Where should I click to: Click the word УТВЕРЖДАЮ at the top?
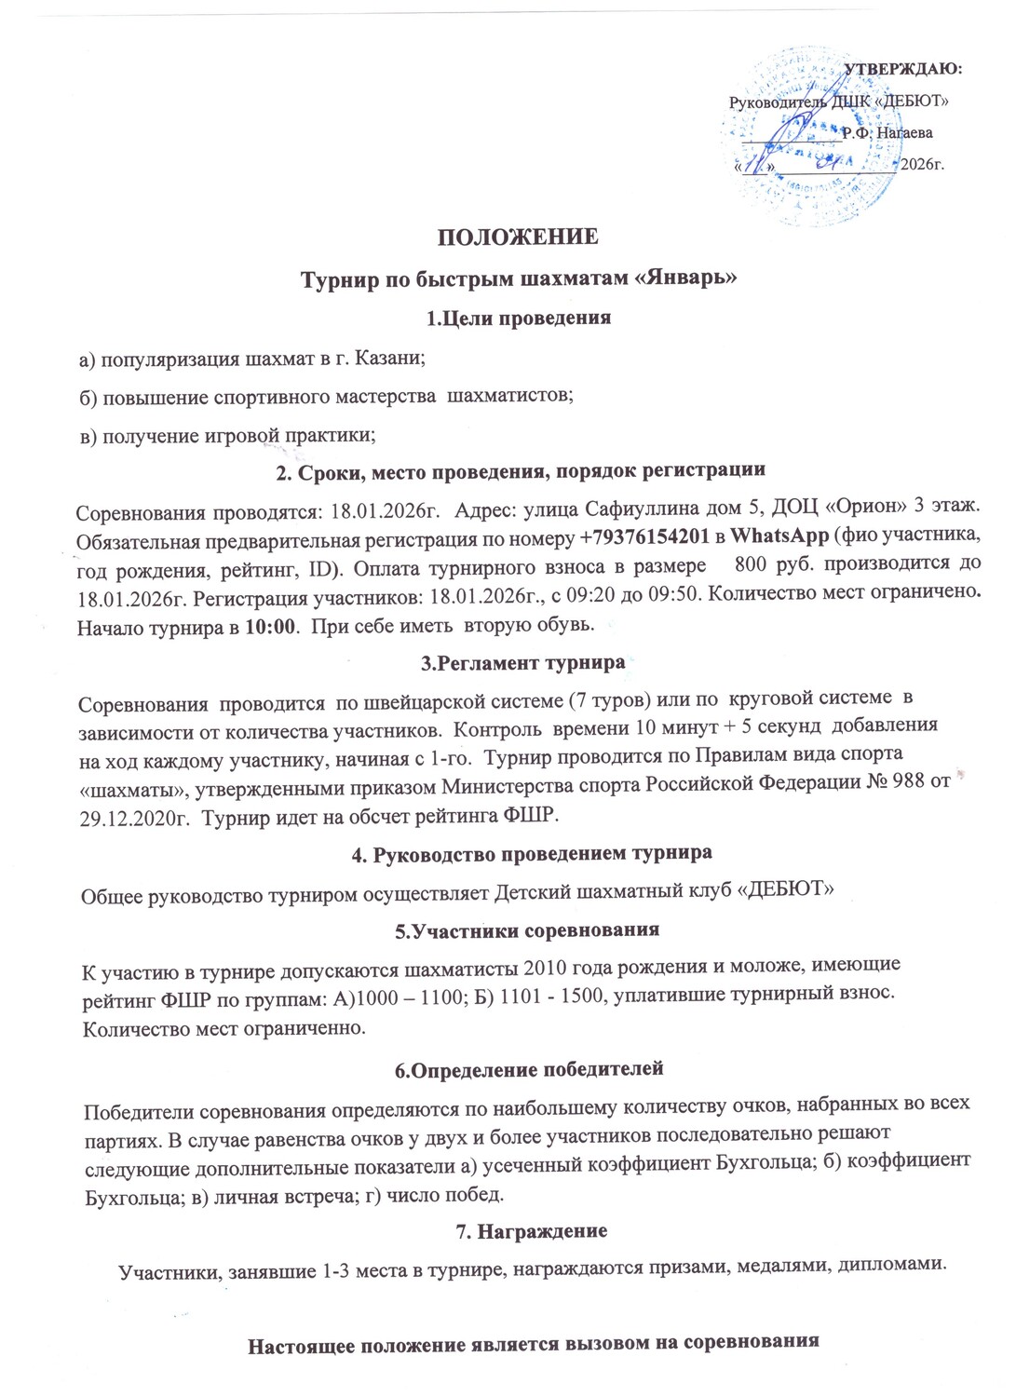point(902,67)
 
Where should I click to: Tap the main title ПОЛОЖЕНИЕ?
point(519,237)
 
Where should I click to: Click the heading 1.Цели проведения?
point(518,318)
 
